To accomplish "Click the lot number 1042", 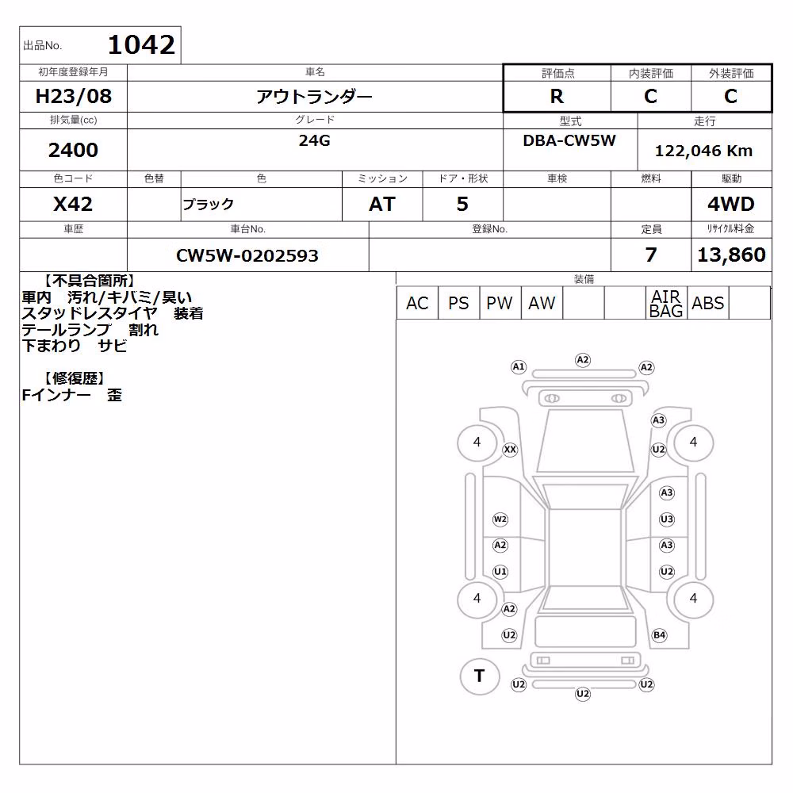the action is click(x=142, y=45).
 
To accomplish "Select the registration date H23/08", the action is click(x=73, y=96).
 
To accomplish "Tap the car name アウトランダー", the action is click(x=314, y=96).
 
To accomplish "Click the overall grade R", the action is click(x=557, y=96).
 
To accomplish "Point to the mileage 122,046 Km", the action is click(x=703, y=151).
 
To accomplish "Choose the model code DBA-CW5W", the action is click(x=569, y=140).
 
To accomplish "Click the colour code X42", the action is click(x=73, y=205).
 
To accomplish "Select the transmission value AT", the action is click(x=382, y=205).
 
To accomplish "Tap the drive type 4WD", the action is click(x=731, y=205).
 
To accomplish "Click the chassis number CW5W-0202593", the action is click(x=247, y=255).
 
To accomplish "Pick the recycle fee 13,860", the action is click(x=731, y=255).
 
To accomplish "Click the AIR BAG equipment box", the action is click(x=666, y=304).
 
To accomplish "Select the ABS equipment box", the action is click(x=708, y=304).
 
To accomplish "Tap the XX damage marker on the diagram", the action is click(x=510, y=449).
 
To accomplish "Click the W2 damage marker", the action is click(x=500, y=519).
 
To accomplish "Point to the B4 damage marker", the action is click(x=660, y=635).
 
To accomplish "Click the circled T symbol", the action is click(x=480, y=676).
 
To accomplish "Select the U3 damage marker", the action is click(x=667, y=519).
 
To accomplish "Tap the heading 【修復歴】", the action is click(x=74, y=378).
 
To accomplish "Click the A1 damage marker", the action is click(x=519, y=367).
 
